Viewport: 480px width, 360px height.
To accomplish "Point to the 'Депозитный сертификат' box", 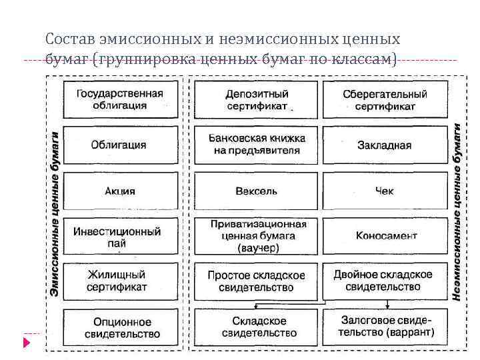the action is pyautogui.click(x=256, y=99).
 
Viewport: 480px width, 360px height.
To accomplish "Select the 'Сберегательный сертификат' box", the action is pyautogui.click(x=385, y=99).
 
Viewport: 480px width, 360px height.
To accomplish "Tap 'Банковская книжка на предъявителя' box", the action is pyautogui.click(x=256, y=145).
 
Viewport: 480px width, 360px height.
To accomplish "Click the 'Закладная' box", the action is pyautogui.click(x=385, y=145).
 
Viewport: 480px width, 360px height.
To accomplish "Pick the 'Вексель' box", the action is pyautogui.click(x=256, y=191).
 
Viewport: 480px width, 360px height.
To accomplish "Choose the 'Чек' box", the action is pyautogui.click(x=385, y=191).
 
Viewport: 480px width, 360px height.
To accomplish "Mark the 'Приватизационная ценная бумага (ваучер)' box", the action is pyautogui.click(x=256, y=236).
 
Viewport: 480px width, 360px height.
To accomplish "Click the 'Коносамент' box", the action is pyautogui.click(x=385, y=236).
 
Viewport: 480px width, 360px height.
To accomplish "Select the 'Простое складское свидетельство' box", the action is pyautogui.click(x=256, y=281).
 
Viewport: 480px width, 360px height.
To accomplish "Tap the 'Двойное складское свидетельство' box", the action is pyautogui.click(x=385, y=281).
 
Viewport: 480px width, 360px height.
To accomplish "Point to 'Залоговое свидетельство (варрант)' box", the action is pyautogui.click(x=385, y=327).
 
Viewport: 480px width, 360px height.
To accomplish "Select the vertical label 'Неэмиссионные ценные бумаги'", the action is pyautogui.click(x=457, y=213).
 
